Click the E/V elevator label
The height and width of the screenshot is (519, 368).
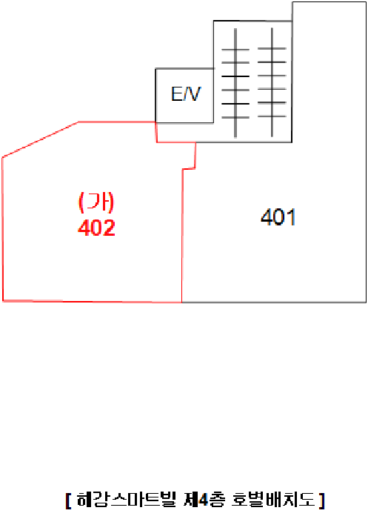point(186,94)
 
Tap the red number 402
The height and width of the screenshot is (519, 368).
point(96,228)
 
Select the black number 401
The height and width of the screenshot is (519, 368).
point(278,217)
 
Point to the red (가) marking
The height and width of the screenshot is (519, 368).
point(96,202)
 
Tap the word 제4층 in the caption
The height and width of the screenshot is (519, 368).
point(205,500)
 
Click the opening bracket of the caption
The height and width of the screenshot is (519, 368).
point(68,500)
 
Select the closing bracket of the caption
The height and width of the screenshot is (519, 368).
point(321,500)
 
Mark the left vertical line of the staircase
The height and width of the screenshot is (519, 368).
point(235,83)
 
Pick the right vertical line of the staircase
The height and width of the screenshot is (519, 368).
point(272,82)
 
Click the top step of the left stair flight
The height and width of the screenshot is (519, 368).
point(235,50)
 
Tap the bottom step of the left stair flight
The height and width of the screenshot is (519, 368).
point(235,117)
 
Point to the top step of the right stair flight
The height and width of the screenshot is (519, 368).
point(272,49)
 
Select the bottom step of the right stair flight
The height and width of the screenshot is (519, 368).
point(272,116)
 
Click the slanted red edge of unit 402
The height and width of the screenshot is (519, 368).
point(40,139)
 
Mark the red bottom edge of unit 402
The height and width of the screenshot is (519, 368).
point(93,302)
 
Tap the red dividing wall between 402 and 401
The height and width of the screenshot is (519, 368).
point(182,235)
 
